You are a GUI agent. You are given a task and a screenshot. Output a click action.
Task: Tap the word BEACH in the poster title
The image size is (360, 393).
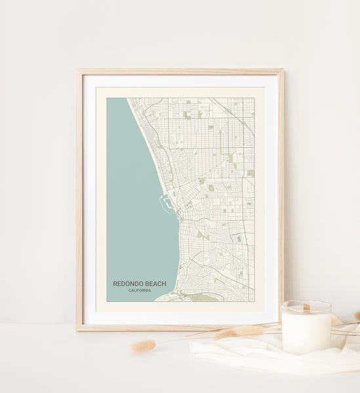155,284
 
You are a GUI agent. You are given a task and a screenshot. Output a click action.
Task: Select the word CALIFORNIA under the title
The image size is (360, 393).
140,290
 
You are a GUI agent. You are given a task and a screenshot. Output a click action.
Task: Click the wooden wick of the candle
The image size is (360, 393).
306,307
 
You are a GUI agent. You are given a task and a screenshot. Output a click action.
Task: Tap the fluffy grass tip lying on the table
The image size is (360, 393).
143,346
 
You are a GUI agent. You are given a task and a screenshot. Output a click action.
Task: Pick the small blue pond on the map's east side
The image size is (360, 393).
238,239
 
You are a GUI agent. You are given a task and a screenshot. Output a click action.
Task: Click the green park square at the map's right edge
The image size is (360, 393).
250,173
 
